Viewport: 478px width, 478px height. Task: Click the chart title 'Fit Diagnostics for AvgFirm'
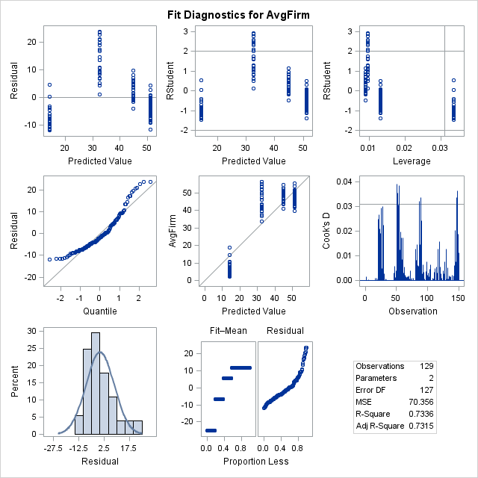point(239,13)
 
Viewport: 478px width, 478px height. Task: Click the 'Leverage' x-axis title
point(406,161)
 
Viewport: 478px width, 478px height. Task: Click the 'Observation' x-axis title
point(406,311)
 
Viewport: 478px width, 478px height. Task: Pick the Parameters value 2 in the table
point(433,378)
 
